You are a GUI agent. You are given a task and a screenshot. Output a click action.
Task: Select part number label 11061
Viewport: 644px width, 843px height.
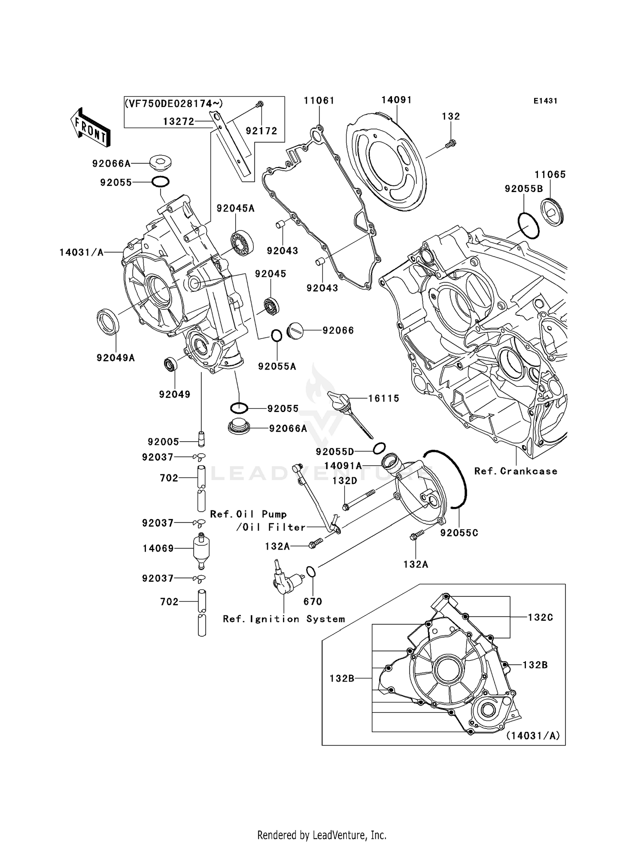(319, 101)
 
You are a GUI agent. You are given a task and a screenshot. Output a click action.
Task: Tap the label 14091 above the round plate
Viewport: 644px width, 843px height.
(397, 100)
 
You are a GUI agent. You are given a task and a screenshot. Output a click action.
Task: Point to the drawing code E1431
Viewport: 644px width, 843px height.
(545, 101)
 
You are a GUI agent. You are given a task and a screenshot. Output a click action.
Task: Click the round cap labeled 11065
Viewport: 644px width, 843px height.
(552, 211)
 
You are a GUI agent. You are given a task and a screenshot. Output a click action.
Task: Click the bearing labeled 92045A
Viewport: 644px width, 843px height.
(242, 243)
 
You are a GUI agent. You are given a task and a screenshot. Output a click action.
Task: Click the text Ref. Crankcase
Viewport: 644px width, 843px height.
(516, 471)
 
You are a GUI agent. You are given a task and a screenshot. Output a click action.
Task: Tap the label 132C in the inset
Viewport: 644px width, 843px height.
(540, 617)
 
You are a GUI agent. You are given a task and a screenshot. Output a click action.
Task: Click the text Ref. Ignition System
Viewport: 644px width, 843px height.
(284, 619)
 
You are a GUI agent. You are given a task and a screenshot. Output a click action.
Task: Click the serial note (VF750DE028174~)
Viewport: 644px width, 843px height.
(174, 104)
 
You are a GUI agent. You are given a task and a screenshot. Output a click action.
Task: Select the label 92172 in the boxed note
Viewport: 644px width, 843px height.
(261, 131)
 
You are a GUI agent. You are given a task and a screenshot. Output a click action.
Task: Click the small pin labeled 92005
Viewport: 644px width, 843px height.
(201, 439)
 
